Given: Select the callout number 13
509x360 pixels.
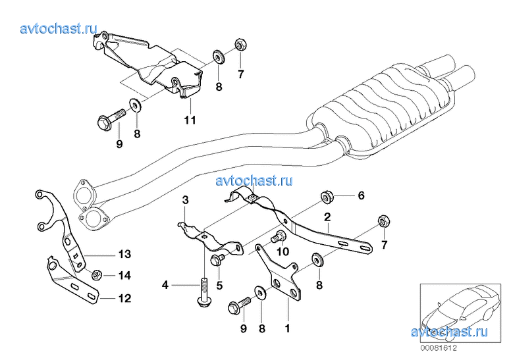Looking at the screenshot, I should point(124,254).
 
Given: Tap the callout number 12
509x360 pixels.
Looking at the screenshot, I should point(124,298).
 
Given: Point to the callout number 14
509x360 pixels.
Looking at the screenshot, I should point(124,275).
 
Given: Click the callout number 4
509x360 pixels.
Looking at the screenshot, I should point(165,285).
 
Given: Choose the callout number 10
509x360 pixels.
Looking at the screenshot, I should point(283,251).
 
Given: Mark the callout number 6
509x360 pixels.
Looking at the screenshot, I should point(360,195).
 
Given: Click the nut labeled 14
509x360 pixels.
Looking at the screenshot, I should point(95,275).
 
